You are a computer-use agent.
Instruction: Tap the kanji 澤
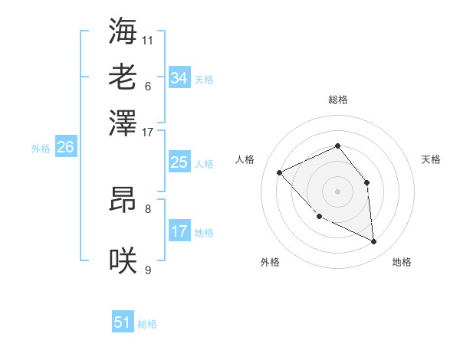click(x=123, y=122)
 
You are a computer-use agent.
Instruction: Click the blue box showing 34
click(x=179, y=78)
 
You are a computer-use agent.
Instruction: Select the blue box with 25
click(x=179, y=162)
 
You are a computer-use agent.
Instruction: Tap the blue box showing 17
click(x=179, y=231)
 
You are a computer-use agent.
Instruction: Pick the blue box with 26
click(x=65, y=148)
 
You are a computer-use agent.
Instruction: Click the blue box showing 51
click(x=123, y=322)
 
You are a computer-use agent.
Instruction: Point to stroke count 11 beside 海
click(x=148, y=39)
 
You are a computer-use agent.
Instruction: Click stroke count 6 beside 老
click(x=148, y=85)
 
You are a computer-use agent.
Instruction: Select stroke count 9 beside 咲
click(x=148, y=270)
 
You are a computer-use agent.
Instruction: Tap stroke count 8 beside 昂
click(x=148, y=208)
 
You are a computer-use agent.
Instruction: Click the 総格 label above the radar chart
click(x=337, y=100)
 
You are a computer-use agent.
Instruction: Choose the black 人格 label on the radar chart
click(x=245, y=159)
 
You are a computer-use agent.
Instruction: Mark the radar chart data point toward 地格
click(x=374, y=242)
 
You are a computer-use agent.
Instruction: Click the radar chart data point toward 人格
click(x=280, y=172)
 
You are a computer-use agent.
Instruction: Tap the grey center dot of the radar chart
click(x=337, y=191)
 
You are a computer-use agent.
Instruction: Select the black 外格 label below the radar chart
click(x=270, y=262)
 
